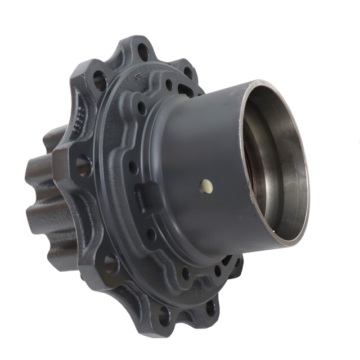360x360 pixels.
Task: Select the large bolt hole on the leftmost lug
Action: [x=83, y=166]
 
